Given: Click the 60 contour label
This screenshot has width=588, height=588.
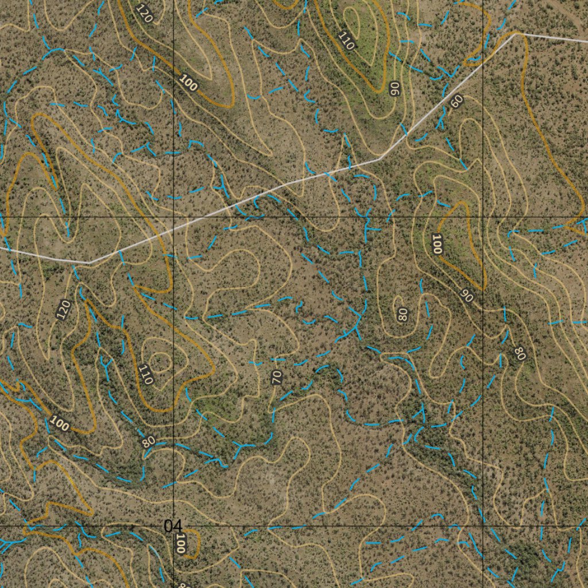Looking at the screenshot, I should pos(457,102).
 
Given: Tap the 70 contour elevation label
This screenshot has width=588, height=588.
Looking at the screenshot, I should pos(277,377).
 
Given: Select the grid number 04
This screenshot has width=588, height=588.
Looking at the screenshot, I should pos(172,525).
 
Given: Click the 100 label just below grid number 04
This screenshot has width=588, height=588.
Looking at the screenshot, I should pos(180,543).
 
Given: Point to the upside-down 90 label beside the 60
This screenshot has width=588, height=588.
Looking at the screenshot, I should pos(394,88).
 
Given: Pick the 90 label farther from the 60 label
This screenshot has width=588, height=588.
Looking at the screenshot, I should pos(467,296).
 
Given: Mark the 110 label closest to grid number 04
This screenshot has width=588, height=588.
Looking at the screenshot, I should pos(146,374).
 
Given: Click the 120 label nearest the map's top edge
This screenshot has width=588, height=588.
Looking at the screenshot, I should pos(144,13).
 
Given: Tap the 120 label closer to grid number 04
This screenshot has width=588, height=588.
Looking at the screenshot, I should pos(63,310).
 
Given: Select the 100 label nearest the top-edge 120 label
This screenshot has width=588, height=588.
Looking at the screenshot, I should pos(188,83).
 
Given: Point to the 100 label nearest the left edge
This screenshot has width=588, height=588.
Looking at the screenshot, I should pos(59,424).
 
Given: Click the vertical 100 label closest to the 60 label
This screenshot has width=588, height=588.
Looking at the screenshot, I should pos(436,244).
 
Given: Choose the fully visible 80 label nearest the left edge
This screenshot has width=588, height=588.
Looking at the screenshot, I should pos(148,442).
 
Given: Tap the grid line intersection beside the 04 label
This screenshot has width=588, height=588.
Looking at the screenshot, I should pos(174,525).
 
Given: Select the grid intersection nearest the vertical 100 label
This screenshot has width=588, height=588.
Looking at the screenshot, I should pos(483,216).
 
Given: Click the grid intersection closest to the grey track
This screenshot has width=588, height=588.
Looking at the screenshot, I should pos(174,216).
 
